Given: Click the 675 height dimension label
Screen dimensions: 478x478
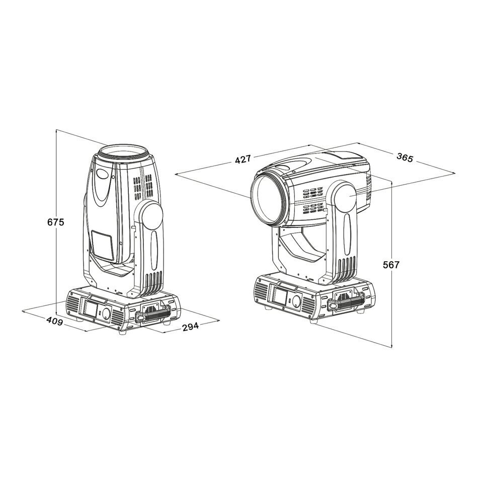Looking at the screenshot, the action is (56, 222).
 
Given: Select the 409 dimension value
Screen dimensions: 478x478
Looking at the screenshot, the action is (54, 321).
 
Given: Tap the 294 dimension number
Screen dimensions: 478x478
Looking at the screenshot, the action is (191, 327).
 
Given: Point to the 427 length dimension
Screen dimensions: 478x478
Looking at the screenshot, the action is (243, 159).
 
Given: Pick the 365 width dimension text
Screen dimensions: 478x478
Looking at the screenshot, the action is (405, 157).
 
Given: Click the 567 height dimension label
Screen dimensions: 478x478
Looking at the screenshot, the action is (391, 265).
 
